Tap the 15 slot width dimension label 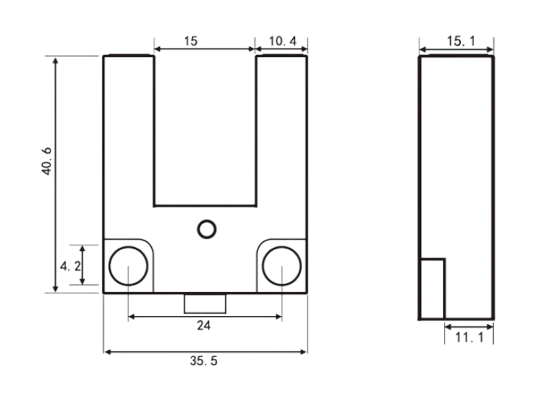[191, 41]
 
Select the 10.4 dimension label [283, 41]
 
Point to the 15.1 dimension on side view [461, 41]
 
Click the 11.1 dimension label [469, 337]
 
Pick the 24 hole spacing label [204, 326]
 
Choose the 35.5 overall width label [204, 361]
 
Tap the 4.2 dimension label [70, 266]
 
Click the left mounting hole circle [128, 247]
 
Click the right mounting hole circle [282, 247]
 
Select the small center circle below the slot [207, 220]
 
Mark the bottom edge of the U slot [205, 206]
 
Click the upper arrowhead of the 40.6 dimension [56, 61]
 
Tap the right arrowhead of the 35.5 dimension [303, 352]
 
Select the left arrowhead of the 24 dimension [132, 316]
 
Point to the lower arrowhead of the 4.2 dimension [82, 281]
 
